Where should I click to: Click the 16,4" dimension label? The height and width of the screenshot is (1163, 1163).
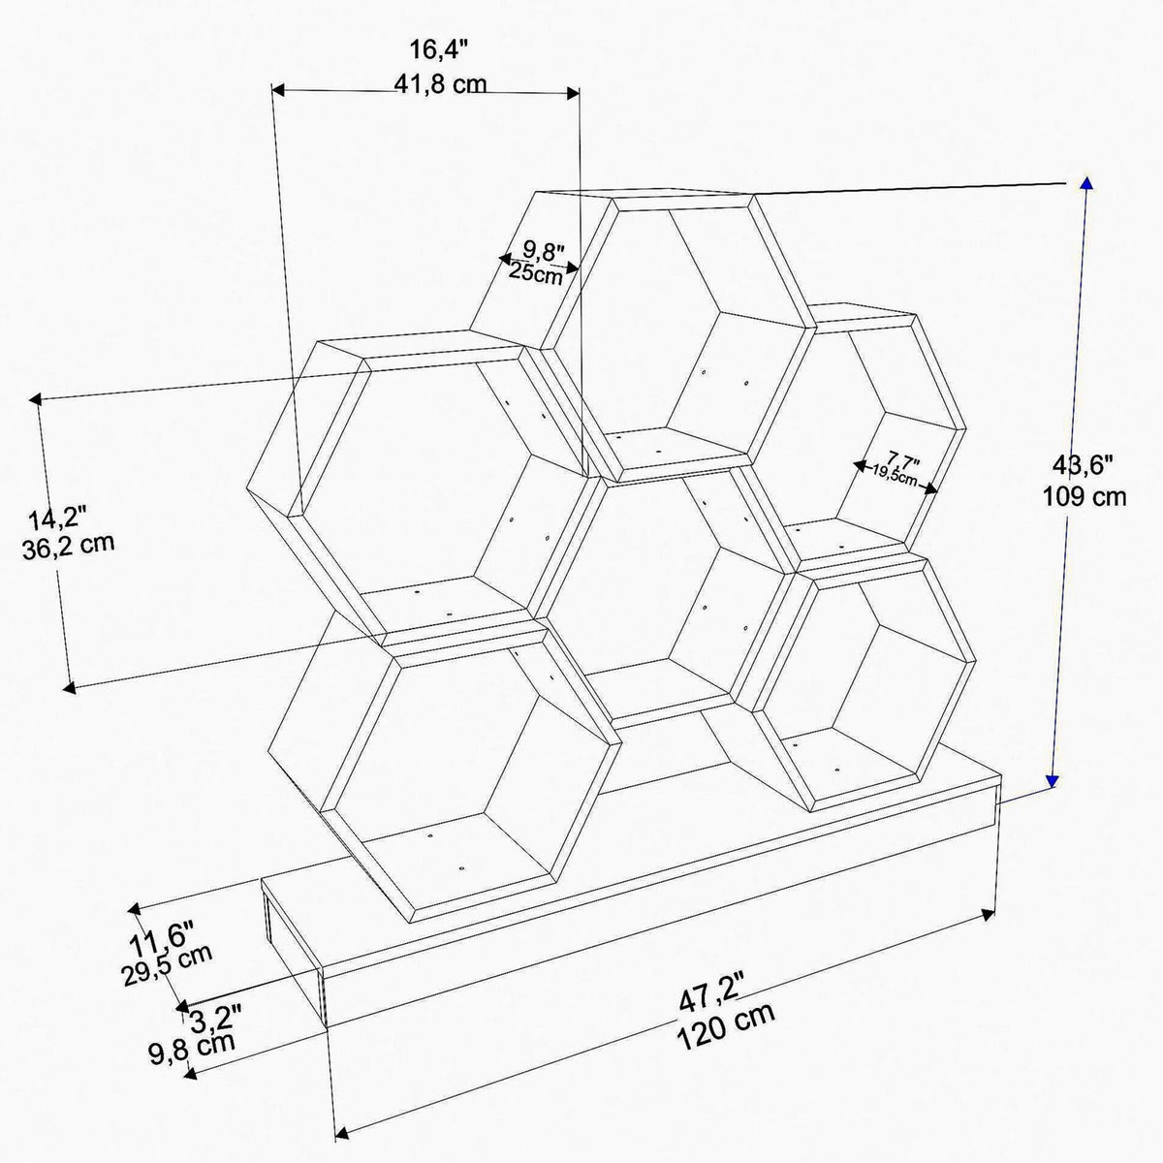439,49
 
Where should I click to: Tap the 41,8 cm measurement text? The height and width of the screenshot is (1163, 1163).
440,84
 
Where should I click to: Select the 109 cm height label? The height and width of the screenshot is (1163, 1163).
1084,497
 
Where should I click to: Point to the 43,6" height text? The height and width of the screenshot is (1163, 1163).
1084,465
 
